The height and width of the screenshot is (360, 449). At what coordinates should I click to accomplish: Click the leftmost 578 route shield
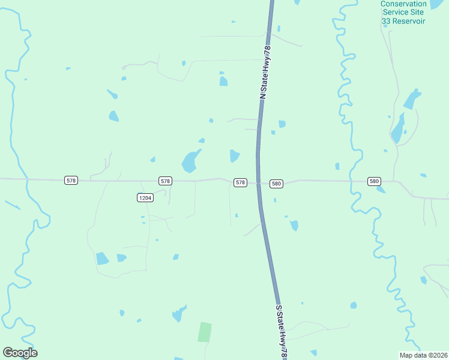pyautogui.click(x=71, y=181)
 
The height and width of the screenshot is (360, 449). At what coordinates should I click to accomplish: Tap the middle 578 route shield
pyautogui.click(x=166, y=181)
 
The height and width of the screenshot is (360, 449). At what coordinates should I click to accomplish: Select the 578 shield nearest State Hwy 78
pyautogui.click(x=240, y=182)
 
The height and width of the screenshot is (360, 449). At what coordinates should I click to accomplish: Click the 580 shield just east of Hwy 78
pyautogui.click(x=276, y=184)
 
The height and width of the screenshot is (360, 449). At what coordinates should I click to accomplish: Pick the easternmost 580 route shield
pyautogui.click(x=375, y=181)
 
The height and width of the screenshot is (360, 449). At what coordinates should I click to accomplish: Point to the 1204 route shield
pyautogui.click(x=144, y=197)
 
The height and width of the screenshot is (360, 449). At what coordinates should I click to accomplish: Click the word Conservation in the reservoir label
pyautogui.click(x=403, y=4)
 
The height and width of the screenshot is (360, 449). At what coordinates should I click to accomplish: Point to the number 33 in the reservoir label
pyautogui.click(x=387, y=21)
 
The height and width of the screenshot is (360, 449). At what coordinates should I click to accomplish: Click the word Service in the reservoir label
pyautogui.click(x=395, y=13)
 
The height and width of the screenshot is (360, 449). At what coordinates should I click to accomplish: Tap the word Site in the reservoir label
pyautogui.click(x=418, y=13)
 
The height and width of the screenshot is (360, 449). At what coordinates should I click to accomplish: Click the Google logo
pyautogui.click(x=20, y=353)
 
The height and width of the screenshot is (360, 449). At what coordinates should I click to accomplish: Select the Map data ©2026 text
pyautogui.click(x=423, y=355)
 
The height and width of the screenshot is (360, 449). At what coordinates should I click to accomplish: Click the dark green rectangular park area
pyautogui.click(x=205, y=332)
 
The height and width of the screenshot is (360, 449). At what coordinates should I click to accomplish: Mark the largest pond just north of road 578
pyautogui.click(x=190, y=161)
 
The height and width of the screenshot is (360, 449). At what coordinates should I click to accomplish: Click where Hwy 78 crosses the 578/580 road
pyautogui.click(x=259, y=182)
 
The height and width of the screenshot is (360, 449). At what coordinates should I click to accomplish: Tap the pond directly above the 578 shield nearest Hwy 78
pyautogui.click(x=234, y=156)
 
